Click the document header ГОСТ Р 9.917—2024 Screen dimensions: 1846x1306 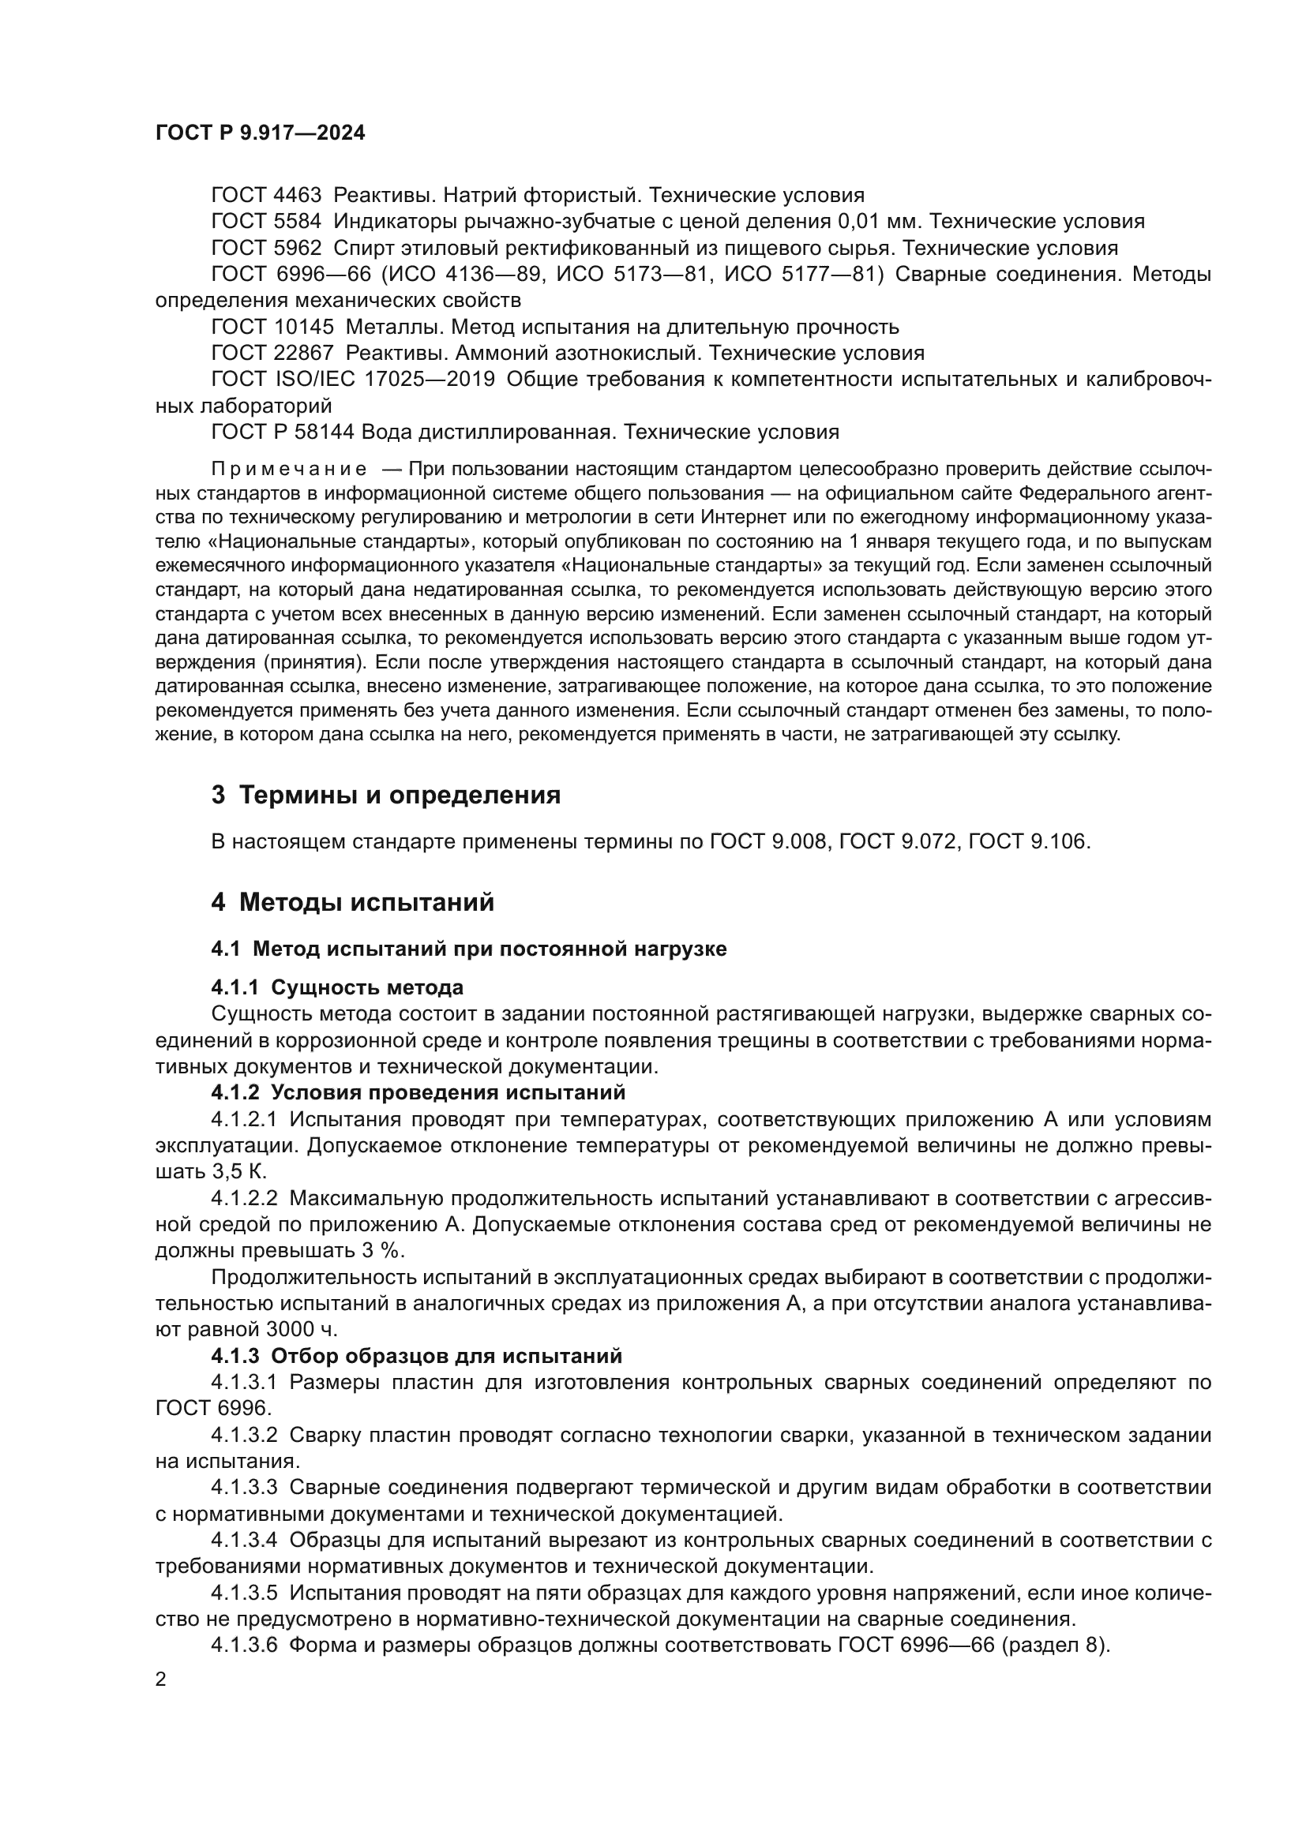coord(260,133)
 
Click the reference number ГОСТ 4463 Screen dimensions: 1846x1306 coord(265,196)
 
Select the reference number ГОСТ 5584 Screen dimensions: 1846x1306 coord(265,222)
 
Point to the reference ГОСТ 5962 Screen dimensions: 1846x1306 coord(265,248)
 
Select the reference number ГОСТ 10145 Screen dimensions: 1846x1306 coord(272,328)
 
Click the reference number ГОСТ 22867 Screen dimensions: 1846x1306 coord(272,353)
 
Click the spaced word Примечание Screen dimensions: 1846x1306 coord(289,470)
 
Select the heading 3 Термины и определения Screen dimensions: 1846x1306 coord(385,796)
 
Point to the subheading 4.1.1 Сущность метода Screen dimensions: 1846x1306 coord(337,987)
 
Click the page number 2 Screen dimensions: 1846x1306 coord(161,1680)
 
